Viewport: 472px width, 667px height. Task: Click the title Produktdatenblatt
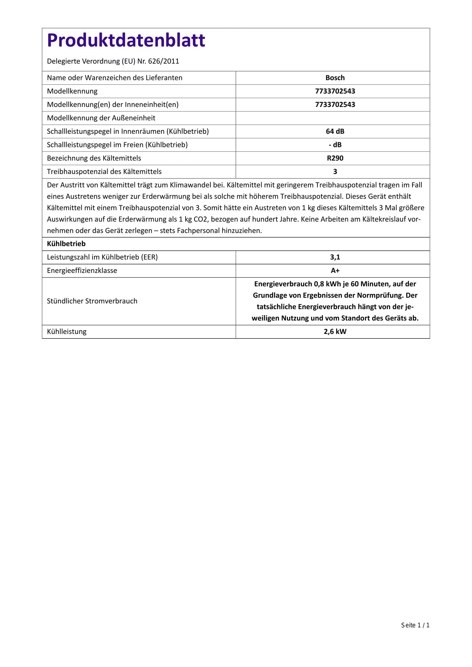tap(126, 40)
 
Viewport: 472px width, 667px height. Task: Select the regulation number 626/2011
tap(163, 61)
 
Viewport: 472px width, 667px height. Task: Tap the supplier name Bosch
tap(335, 78)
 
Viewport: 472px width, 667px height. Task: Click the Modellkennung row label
tap(72, 91)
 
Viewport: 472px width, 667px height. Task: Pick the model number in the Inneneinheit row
tap(335, 105)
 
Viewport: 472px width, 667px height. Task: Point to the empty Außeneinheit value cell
tap(332, 118)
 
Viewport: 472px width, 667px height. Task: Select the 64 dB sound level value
tap(335, 131)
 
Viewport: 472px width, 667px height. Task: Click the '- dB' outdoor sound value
tap(335, 145)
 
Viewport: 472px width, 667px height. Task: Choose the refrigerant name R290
tap(335, 158)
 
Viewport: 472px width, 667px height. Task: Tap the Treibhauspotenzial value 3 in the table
tap(335, 172)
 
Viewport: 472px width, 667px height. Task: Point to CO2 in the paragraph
tap(201, 219)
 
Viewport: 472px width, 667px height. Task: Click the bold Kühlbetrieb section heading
tap(66, 244)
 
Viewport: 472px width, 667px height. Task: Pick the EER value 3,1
tap(335, 257)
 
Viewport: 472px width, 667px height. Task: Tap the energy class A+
tap(335, 271)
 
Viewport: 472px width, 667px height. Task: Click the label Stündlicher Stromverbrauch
tap(92, 301)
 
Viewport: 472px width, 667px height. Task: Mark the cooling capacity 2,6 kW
tap(335, 331)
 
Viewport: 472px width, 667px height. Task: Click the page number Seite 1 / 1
tap(415, 625)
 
